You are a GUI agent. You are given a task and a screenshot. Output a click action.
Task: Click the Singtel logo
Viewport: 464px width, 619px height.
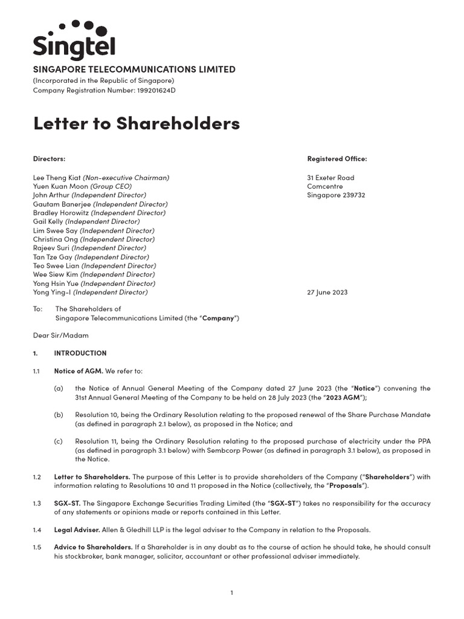(74, 41)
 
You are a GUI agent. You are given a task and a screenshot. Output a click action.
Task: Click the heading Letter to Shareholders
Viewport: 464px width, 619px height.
(136, 123)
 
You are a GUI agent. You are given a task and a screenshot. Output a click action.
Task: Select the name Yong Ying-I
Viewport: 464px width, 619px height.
(52, 292)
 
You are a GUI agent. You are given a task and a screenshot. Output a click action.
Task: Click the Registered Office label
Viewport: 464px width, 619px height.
(337, 159)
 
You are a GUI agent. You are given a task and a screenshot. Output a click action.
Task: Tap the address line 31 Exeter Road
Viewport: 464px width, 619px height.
(330, 178)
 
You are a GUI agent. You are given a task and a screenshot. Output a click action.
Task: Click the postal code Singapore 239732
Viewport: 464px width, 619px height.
(336, 195)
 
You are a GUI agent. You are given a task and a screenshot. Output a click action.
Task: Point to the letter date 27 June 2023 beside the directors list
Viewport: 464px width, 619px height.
(327, 292)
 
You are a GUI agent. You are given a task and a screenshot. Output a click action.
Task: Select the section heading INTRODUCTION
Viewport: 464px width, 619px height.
(80, 353)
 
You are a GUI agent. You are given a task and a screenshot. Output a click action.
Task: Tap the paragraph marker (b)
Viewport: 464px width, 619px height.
(58, 415)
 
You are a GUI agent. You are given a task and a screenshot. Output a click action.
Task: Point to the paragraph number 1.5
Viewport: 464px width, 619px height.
(37, 547)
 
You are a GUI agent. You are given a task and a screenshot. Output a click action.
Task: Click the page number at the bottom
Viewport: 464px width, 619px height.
(231, 593)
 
